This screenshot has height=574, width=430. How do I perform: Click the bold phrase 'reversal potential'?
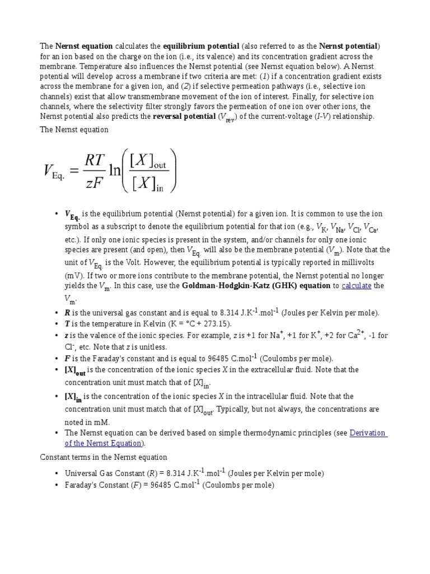pyautogui.click(x=184, y=117)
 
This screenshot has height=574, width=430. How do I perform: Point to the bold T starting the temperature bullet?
pyautogui.click(x=67, y=324)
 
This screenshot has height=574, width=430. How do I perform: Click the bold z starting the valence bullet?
pyautogui.click(x=67, y=335)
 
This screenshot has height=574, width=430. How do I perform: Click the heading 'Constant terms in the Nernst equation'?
pyautogui.click(x=104, y=457)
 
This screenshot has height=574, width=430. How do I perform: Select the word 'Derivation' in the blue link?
pyautogui.click(x=368, y=433)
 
